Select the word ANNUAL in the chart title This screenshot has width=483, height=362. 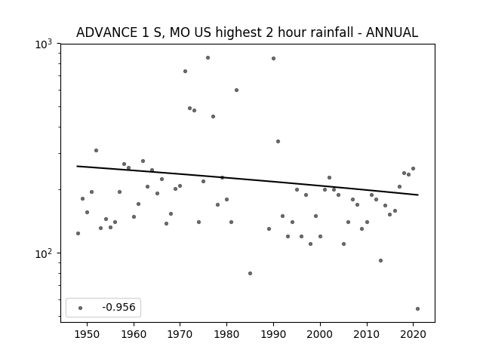[x=392, y=32]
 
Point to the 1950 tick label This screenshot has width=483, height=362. [x=88, y=334]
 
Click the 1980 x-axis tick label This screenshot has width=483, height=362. [x=226, y=334]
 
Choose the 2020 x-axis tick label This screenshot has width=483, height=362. [x=413, y=334]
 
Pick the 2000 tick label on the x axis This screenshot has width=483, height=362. [x=320, y=334]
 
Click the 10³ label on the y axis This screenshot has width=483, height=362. [x=44, y=44]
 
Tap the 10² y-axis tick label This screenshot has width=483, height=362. [x=44, y=253]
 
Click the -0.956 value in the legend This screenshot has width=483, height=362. [x=118, y=307]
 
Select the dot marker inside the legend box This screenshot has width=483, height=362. [x=81, y=308]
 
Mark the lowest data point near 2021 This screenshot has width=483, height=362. [x=417, y=308]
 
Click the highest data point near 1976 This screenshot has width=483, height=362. [x=208, y=57]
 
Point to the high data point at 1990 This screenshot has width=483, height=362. [x=273, y=59]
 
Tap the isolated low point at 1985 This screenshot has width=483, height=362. [x=250, y=273]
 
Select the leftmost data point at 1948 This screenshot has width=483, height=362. [x=78, y=233]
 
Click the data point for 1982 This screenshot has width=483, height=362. [x=236, y=90]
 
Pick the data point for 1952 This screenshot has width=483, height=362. [x=96, y=151]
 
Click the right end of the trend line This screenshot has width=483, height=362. [x=418, y=195]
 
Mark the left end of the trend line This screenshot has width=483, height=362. [x=77, y=166]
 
